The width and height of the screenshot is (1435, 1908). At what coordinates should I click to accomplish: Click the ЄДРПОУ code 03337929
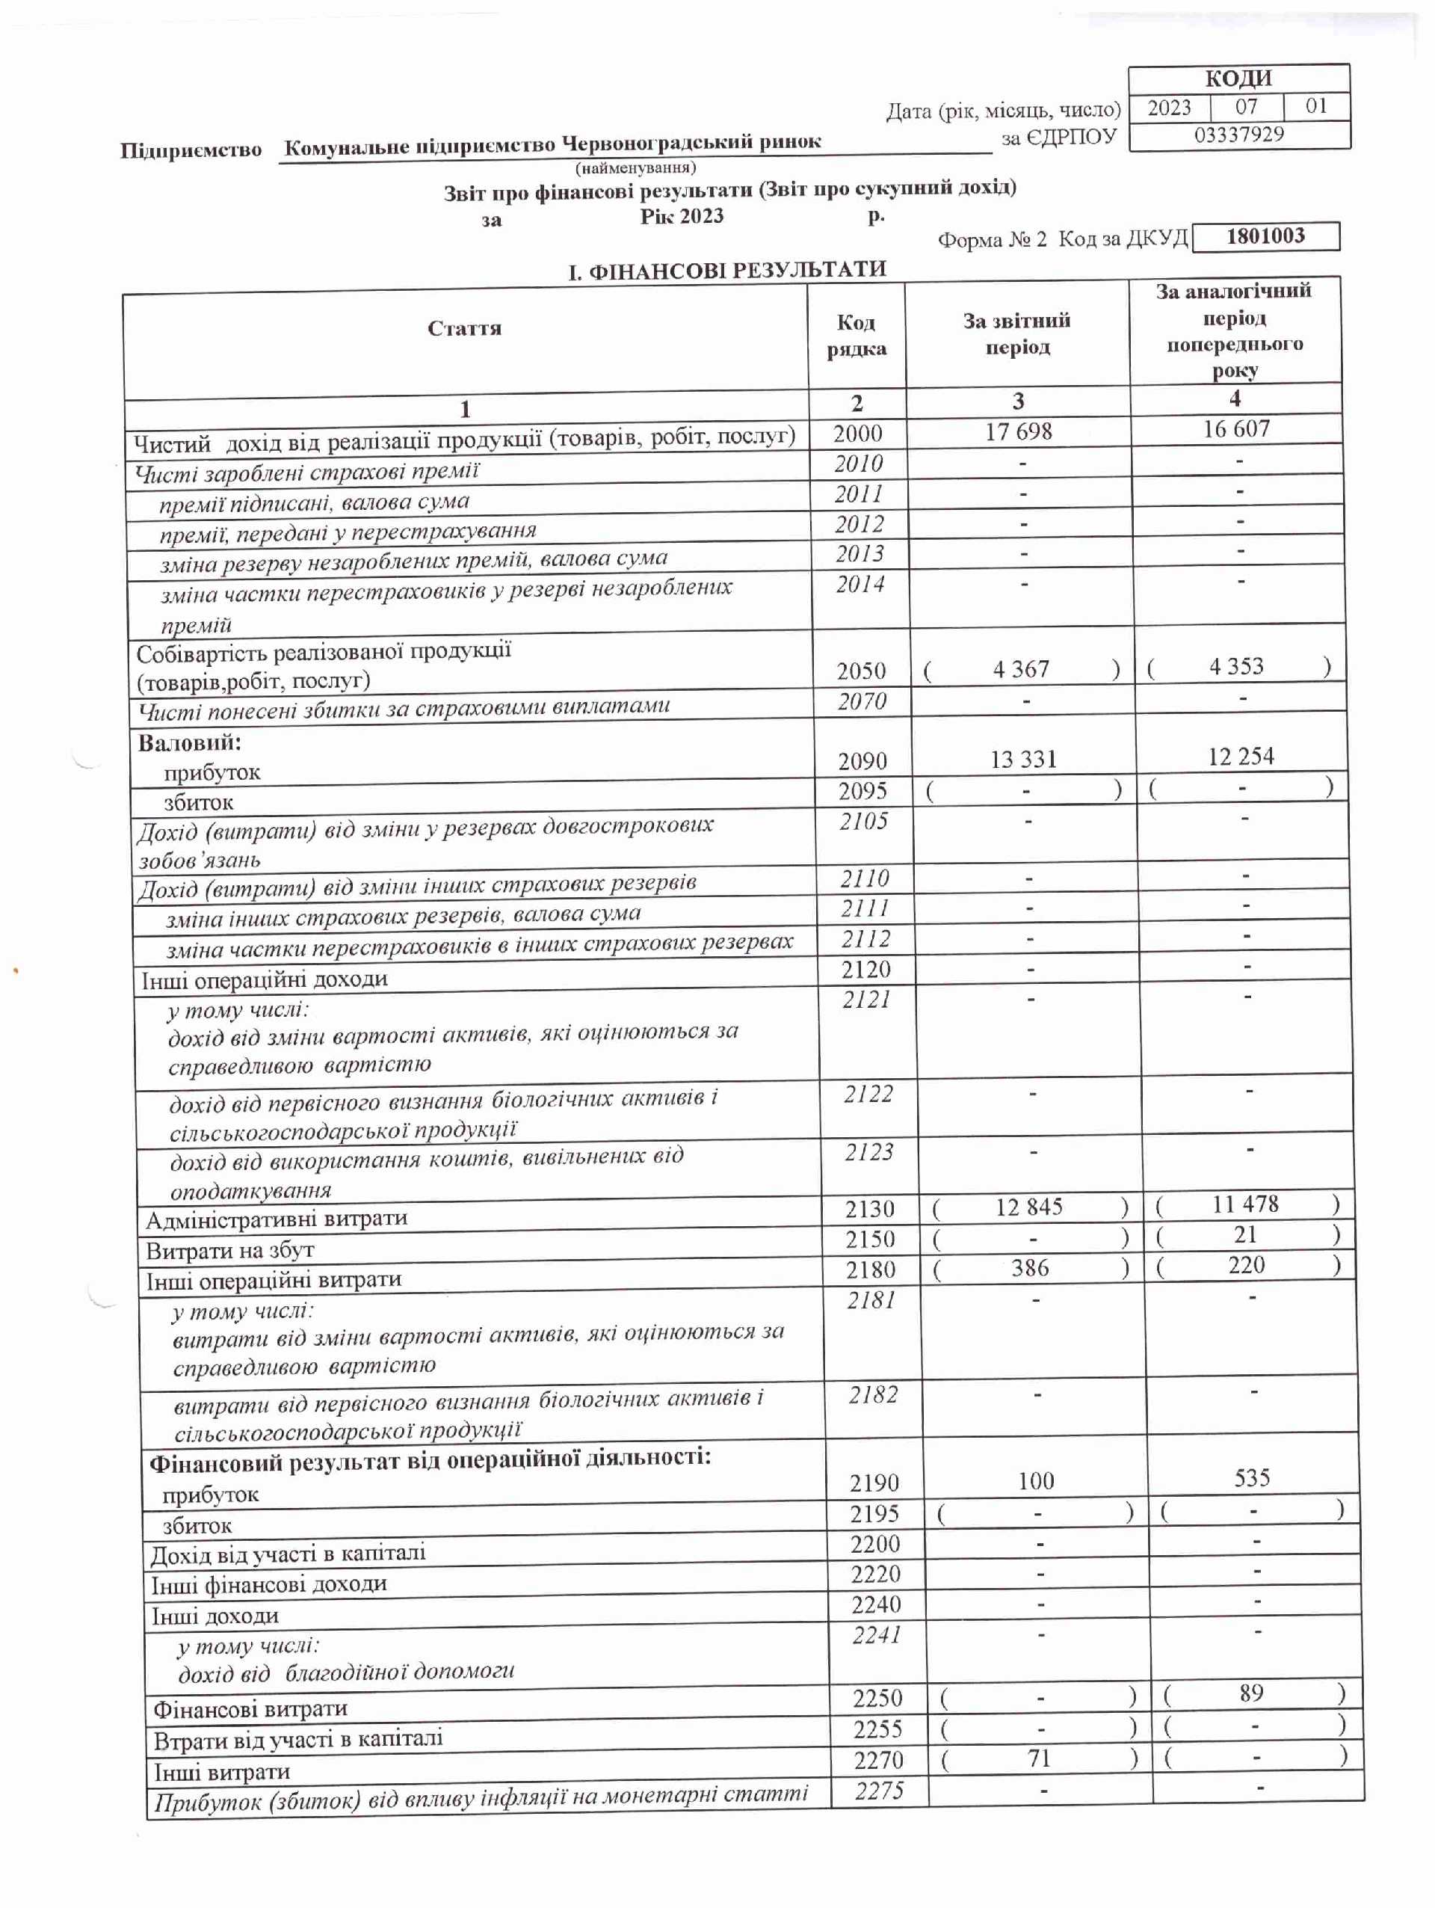click(1238, 135)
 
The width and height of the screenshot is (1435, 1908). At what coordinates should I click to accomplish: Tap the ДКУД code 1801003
click(1265, 236)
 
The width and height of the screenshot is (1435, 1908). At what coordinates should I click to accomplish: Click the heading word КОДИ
click(1238, 79)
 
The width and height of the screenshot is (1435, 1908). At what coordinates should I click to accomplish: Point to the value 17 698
click(1019, 431)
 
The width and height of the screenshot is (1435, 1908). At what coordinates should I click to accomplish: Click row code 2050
click(861, 670)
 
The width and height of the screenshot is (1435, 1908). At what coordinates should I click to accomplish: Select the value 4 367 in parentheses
click(1020, 669)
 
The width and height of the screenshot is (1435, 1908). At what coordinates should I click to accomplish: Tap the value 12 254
click(1240, 757)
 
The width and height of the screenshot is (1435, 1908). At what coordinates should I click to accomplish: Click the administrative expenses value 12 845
click(1029, 1207)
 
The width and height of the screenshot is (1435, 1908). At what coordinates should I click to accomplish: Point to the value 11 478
click(1244, 1204)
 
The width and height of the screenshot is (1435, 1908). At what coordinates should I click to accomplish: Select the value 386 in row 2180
click(1030, 1267)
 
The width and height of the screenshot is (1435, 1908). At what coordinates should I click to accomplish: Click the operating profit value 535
click(1251, 1478)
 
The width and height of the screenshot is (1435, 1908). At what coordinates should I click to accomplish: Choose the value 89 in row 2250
click(1250, 1693)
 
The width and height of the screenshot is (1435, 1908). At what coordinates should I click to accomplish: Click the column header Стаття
click(464, 329)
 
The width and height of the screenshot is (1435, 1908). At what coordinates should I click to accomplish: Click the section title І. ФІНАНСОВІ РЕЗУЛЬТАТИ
click(726, 271)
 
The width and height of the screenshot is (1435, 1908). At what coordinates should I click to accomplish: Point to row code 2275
click(879, 1791)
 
